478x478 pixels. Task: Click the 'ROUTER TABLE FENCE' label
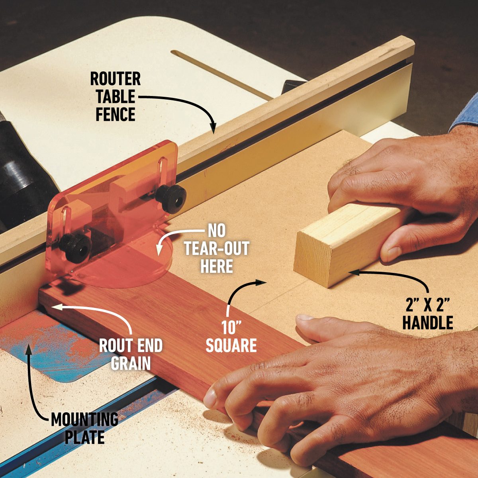point(115,97)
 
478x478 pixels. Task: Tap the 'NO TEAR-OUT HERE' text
point(216,249)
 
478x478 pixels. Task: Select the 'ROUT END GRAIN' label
point(131,354)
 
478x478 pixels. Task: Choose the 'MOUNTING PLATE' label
point(84,428)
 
